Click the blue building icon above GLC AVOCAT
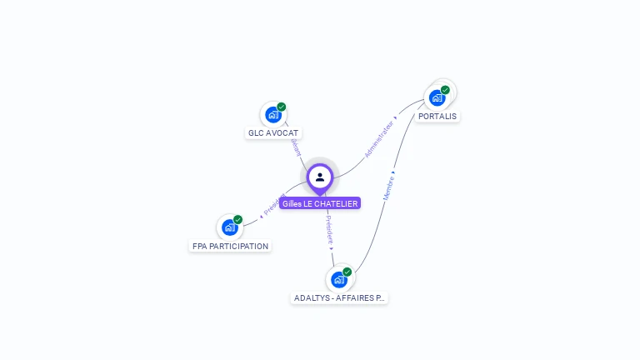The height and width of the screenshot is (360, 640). (272, 115)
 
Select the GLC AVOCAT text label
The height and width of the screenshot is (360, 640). (273, 133)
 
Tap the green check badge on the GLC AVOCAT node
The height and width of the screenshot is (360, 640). (282, 107)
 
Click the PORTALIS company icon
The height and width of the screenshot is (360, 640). (437, 98)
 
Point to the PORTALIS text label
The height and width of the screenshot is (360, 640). (437, 117)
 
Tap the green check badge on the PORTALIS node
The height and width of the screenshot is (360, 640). (445, 90)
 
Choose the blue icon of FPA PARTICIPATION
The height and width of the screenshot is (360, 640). (230, 227)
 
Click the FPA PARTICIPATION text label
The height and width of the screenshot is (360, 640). (231, 247)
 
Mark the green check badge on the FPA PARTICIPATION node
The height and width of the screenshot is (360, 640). (238, 219)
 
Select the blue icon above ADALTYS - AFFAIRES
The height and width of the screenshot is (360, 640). (338, 279)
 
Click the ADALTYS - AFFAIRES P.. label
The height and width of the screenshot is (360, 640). (340, 297)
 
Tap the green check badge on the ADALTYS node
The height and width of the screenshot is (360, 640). (347, 272)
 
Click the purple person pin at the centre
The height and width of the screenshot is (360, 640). (320, 177)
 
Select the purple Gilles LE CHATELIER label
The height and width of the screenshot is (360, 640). (320, 203)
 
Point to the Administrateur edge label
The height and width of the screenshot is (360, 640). (379, 138)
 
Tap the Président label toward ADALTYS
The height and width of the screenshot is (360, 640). (329, 228)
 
